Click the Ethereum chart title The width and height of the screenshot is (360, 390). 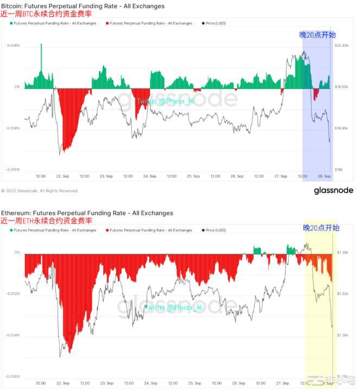87,213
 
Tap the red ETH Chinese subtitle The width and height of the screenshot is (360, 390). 46,221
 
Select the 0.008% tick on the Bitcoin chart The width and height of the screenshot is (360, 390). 13,46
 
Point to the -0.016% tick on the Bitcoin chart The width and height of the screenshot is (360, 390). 12,169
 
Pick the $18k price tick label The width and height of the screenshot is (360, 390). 338,169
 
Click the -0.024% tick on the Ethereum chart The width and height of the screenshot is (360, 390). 12,335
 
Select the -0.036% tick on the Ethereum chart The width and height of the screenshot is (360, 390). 12,376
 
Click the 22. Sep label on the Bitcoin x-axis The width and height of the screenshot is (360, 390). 62,176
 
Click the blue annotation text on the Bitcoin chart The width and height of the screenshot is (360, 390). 317,35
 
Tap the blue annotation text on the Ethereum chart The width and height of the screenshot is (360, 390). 321,228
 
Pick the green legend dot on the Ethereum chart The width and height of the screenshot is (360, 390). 11,230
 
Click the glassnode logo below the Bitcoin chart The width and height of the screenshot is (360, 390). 333,191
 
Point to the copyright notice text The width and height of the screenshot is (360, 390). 40,191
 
